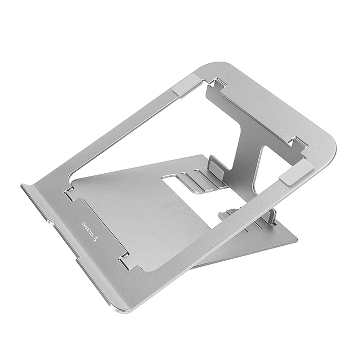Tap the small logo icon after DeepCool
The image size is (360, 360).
pos(97,239)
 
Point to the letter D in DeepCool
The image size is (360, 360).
pos(83,223)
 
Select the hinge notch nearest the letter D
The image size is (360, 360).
pos(69,192)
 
